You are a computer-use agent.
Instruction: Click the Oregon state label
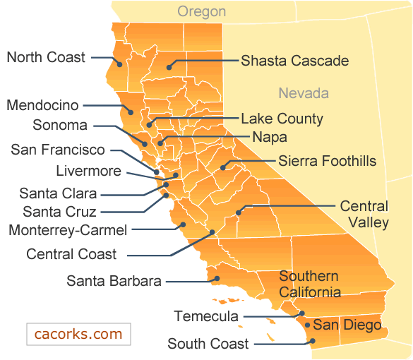pyautogui.click(x=201, y=11)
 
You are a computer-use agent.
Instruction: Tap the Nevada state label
pyautogui.click(x=304, y=93)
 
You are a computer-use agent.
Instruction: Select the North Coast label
pyautogui.click(x=46, y=57)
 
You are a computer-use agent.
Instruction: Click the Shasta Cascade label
pyautogui.click(x=294, y=61)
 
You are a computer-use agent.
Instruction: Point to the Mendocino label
pyautogui.click(x=42, y=105)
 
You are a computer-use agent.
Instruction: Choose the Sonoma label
pyautogui.click(x=60, y=126)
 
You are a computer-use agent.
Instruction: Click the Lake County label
pyautogui.click(x=282, y=119)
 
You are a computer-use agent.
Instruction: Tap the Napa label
pyautogui.click(x=270, y=137)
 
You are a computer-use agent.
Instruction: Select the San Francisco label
pyautogui.click(x=58, y=150)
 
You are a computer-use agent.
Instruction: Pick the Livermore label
pyautogui.click(x=88, y=171)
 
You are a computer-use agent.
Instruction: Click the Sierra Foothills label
pyautogui.click(x=327, y=161)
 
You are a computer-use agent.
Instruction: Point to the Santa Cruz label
pyautogui.click(x=59, y=211)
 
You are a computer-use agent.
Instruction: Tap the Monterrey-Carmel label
pyautogui.click(x=68, y=230)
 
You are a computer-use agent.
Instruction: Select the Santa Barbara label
pyautogui.click(x=114, y=281)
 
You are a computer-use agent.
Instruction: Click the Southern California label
pyautogui.click(x=309, y=284)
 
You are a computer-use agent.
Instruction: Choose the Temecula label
pyautogui.click(x=206, y=316)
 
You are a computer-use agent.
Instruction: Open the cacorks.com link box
pyautogui.click(x=78, y=334)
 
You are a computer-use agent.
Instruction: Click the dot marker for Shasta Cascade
pyautogui.click(x=169, y=68)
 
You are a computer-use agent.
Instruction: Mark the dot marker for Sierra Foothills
pyautogui.click(x=223, y=167)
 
